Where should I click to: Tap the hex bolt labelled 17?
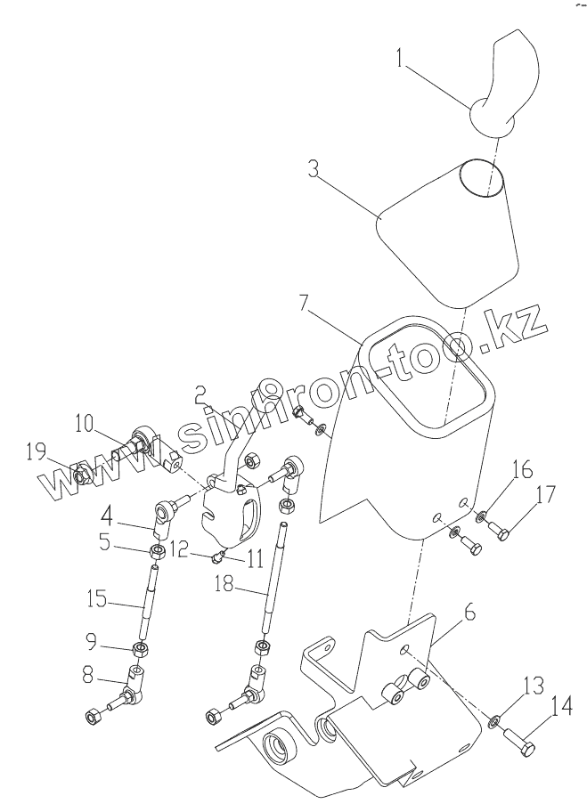(x=501, y=532)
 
